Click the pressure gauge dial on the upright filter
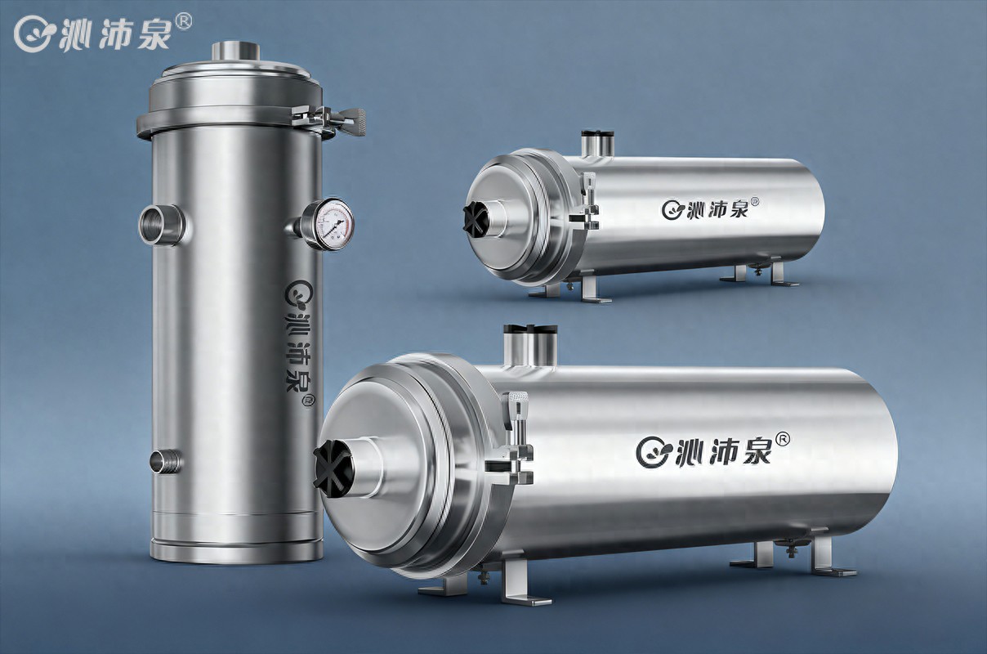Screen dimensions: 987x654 click(333, 225)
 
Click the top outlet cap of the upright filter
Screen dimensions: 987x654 click(236, 52)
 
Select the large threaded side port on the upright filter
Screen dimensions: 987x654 click(161, 225)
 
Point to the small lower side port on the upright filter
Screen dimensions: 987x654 click(165, 462)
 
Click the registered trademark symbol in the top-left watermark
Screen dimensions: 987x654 click(184, 21)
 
